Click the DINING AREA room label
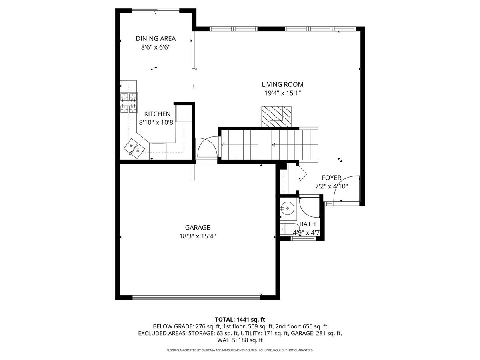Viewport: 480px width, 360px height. [x=156, y=39]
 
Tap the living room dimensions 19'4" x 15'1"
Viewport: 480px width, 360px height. [x=282, y=93]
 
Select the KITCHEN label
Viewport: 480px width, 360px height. [x=157, y=114]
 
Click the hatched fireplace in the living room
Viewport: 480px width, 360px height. [x=276, y=116]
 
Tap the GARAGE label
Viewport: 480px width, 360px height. [x=197, y=228]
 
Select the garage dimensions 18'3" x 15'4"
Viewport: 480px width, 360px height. [x=197, y=236]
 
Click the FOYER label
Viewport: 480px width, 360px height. [x=331, y=178]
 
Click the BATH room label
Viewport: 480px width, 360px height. [x=307, y=224]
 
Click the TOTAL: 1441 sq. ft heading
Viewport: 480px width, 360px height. [x=240, y=319]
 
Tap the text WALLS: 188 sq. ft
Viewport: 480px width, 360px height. [x=240, y=340]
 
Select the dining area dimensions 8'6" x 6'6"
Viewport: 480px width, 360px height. [x=156, y=47]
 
